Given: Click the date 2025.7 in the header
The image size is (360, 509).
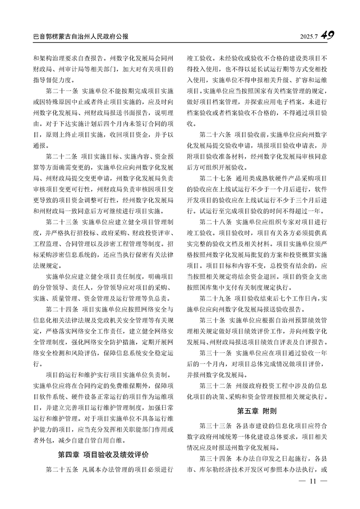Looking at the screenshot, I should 309,36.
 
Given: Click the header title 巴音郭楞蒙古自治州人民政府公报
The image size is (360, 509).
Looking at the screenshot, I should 81,36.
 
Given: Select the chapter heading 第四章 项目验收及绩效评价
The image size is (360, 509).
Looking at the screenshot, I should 103,455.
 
